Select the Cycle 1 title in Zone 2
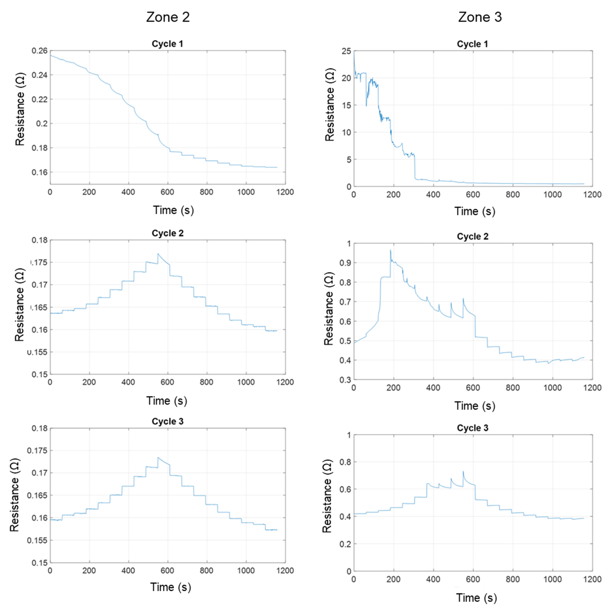[x=167, y=44]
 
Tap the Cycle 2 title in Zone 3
[x=473, y=237]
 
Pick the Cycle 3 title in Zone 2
[x=167, y=421]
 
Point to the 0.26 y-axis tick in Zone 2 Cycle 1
[x=39, y=51]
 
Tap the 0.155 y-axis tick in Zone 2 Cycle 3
[x=37, y=540]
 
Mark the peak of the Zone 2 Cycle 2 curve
[x=158, y=254]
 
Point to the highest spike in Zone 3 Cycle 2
[x=390, y=250]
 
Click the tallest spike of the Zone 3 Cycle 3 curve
[x=463, y=471]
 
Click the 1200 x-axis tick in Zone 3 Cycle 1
[x=592, y=194]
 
